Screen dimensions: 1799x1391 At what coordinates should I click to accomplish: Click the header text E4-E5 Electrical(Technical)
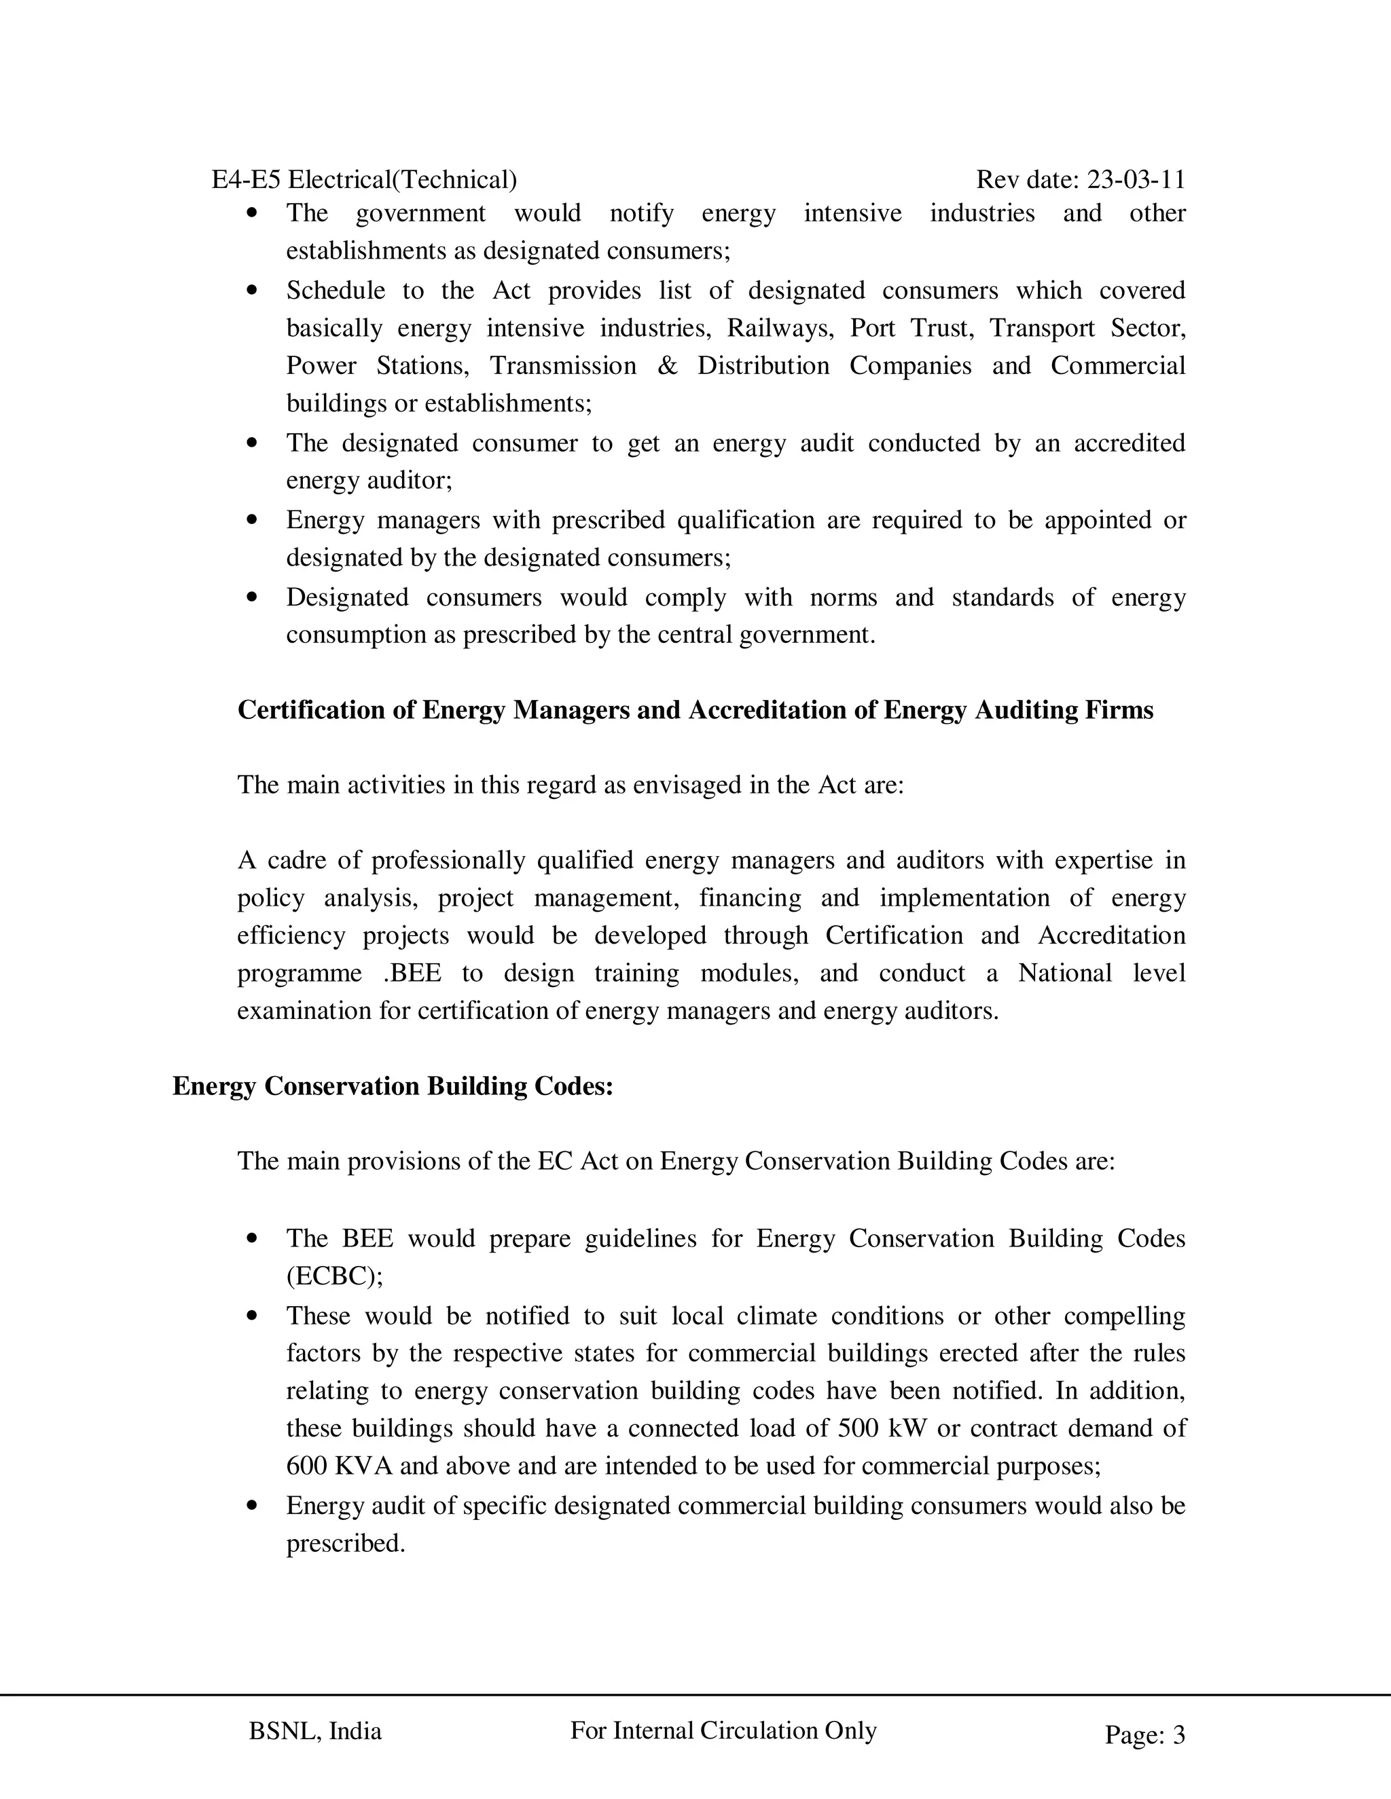[364, 180]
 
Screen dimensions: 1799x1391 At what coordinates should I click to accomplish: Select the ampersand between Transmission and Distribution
[667, 366]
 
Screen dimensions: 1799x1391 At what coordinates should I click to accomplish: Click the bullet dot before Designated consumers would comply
[252, 597]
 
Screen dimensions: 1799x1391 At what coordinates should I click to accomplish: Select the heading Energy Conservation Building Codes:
[393, 1086]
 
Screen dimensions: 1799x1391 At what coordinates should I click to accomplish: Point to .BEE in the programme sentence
[412, 973]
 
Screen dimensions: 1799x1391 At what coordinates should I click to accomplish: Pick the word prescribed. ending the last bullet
[346, 1543]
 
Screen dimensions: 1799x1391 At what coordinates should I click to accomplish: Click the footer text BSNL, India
[314, 1732]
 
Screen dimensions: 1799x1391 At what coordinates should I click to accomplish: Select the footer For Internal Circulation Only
[723, 1730]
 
